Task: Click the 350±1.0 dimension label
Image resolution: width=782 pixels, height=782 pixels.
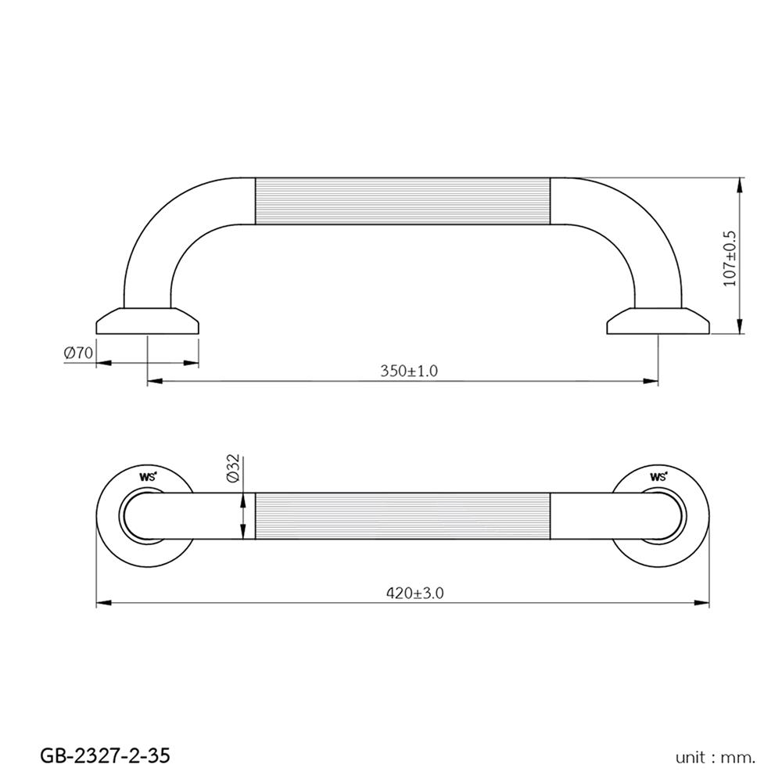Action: coord(409,371)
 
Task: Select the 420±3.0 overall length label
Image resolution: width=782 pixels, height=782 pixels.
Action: coord(415,594)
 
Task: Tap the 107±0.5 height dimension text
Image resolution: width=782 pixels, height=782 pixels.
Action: coord(730,257)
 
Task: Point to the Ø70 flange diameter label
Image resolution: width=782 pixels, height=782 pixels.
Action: coord(78,353)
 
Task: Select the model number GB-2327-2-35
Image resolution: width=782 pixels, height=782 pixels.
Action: coord(104,755)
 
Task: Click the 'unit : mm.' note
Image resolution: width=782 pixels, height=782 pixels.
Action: coord(716,757)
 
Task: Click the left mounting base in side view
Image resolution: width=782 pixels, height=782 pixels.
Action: coord(148,321)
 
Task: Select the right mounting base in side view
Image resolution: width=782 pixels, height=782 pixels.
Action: coord(658,321)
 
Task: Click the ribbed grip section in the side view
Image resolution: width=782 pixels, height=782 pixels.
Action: coord(403,201)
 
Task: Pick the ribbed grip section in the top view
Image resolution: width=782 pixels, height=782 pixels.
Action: coord(403,517)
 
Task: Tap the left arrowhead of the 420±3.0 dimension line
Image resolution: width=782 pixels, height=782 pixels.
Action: coord(102,603)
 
